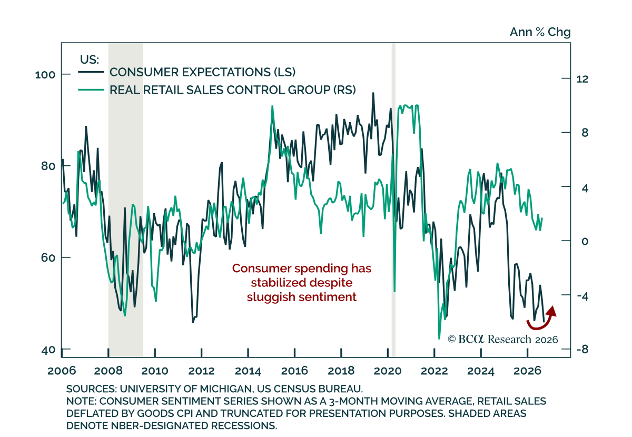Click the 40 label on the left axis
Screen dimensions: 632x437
48,350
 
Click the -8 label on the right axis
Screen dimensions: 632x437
582,350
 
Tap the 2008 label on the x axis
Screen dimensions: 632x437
108,371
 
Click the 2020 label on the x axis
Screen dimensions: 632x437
388,371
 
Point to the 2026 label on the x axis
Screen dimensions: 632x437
527,371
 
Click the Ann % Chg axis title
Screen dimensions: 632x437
540,32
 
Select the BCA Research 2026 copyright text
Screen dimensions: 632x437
503,340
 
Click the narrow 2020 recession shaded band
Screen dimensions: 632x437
393,200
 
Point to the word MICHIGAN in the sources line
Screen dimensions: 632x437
226,389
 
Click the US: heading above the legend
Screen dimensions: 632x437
90,59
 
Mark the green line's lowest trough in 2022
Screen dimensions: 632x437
439,339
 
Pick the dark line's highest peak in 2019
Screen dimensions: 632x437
373,93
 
